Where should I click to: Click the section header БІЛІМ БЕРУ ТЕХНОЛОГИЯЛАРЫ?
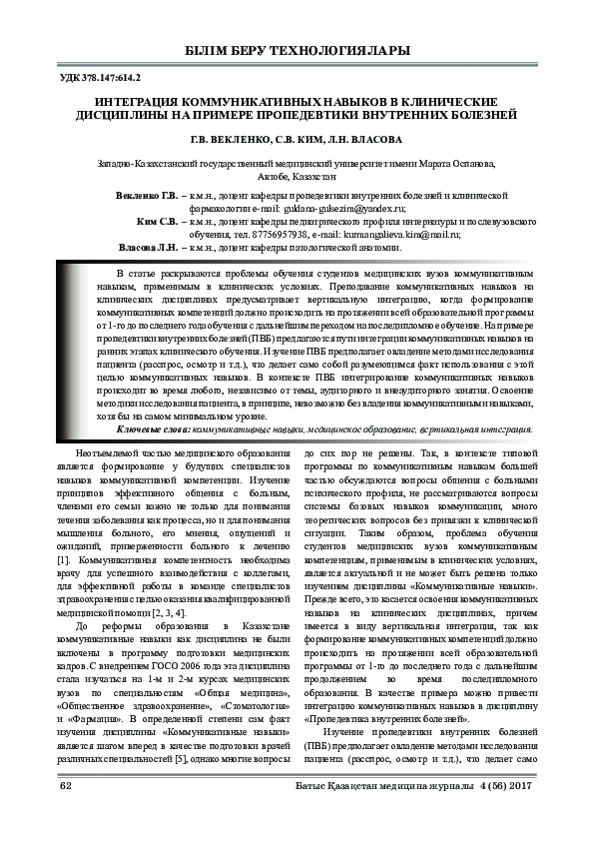coord(297,51)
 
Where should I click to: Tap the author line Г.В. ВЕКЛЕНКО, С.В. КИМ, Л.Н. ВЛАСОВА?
coord(297,140)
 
